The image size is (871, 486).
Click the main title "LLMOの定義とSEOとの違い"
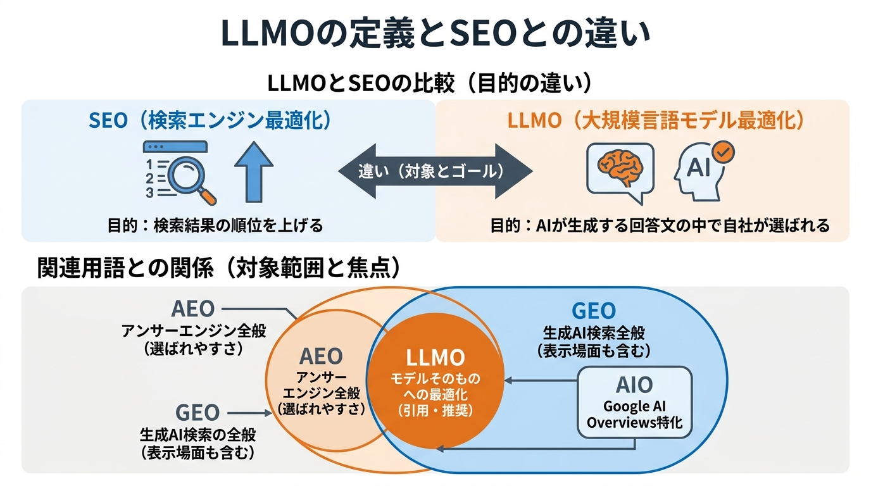click(x=435, y=35)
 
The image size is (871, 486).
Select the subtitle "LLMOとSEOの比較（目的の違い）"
click(x=434, y=84)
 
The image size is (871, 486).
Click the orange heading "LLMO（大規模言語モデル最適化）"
click(x=656, y=120)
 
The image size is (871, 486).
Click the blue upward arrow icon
click(x=254, y=170)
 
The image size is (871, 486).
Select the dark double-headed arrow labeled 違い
click(x=435, y=171)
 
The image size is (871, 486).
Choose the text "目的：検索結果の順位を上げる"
click(x=215, y=225)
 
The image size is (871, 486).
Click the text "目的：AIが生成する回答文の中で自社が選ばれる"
click(x=660, y=225)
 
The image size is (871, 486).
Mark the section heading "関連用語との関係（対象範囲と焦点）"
click(x=219, y=269)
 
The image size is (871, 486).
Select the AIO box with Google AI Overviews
click(x=634, y=402)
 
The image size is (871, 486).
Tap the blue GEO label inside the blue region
click(x=593, y=311)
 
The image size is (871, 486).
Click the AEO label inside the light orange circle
click(x=321, y=356)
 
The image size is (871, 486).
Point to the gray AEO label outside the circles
click(x=193, y=309)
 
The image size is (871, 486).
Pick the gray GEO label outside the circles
click(x=197, y=413)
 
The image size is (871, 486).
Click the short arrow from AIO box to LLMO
click(x=541, y=380)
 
